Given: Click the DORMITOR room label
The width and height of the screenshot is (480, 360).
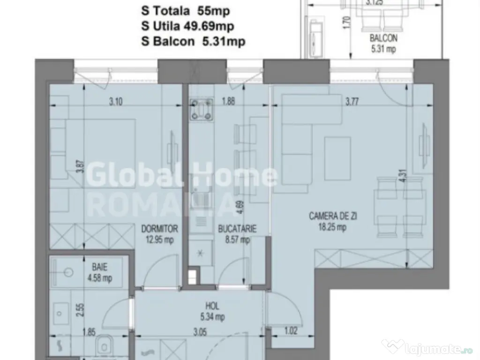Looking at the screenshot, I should coord(160,229).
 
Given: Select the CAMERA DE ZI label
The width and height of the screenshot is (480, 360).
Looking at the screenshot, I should coord(328,217).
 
